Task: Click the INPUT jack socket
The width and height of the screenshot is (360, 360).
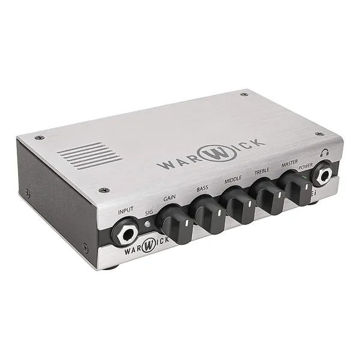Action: tap(126, 233)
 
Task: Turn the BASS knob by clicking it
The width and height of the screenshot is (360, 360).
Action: tap(208, 214)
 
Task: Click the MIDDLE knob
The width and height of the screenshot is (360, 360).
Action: tap(239, 205)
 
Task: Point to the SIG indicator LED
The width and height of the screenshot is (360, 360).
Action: tap(148, 224)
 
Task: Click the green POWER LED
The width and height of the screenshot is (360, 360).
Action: tap(304, 177)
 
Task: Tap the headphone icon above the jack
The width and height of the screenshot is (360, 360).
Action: tap(325, 152)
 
